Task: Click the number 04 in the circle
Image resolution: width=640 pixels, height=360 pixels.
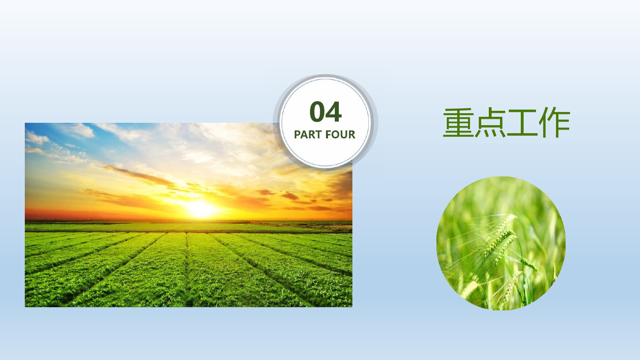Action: pos(326,112)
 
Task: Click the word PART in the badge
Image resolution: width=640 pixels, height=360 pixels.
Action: pos(307,134)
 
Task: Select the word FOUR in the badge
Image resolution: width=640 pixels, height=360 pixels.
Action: pos(340,134)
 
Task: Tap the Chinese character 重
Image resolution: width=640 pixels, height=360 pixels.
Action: pos(458,122)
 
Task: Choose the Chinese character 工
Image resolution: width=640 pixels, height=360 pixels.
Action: pos(522,123)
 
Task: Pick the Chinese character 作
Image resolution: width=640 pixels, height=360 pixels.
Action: pos(554,122)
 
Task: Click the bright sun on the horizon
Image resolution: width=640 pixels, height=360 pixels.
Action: pos(200,209)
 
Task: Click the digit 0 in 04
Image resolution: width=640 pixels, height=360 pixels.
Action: pos(317,112)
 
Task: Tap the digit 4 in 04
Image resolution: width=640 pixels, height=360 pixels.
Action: pos(334,112)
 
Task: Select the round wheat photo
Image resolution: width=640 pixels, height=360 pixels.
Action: pos(501,243)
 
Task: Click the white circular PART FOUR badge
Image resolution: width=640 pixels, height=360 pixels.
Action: pos(325,122)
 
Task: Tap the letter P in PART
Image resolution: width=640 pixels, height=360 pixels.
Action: pos(298,134)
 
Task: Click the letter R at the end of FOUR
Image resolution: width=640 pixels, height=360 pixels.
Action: pos(352,134)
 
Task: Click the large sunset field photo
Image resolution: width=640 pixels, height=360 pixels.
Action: pos(188,215)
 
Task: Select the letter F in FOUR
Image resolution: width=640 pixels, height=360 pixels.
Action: pos(328,134)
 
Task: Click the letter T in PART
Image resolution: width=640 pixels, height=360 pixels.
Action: pos(317,134)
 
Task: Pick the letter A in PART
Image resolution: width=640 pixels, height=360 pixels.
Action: pos(304,134)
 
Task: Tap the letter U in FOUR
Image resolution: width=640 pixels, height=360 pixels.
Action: pos(344,134)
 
